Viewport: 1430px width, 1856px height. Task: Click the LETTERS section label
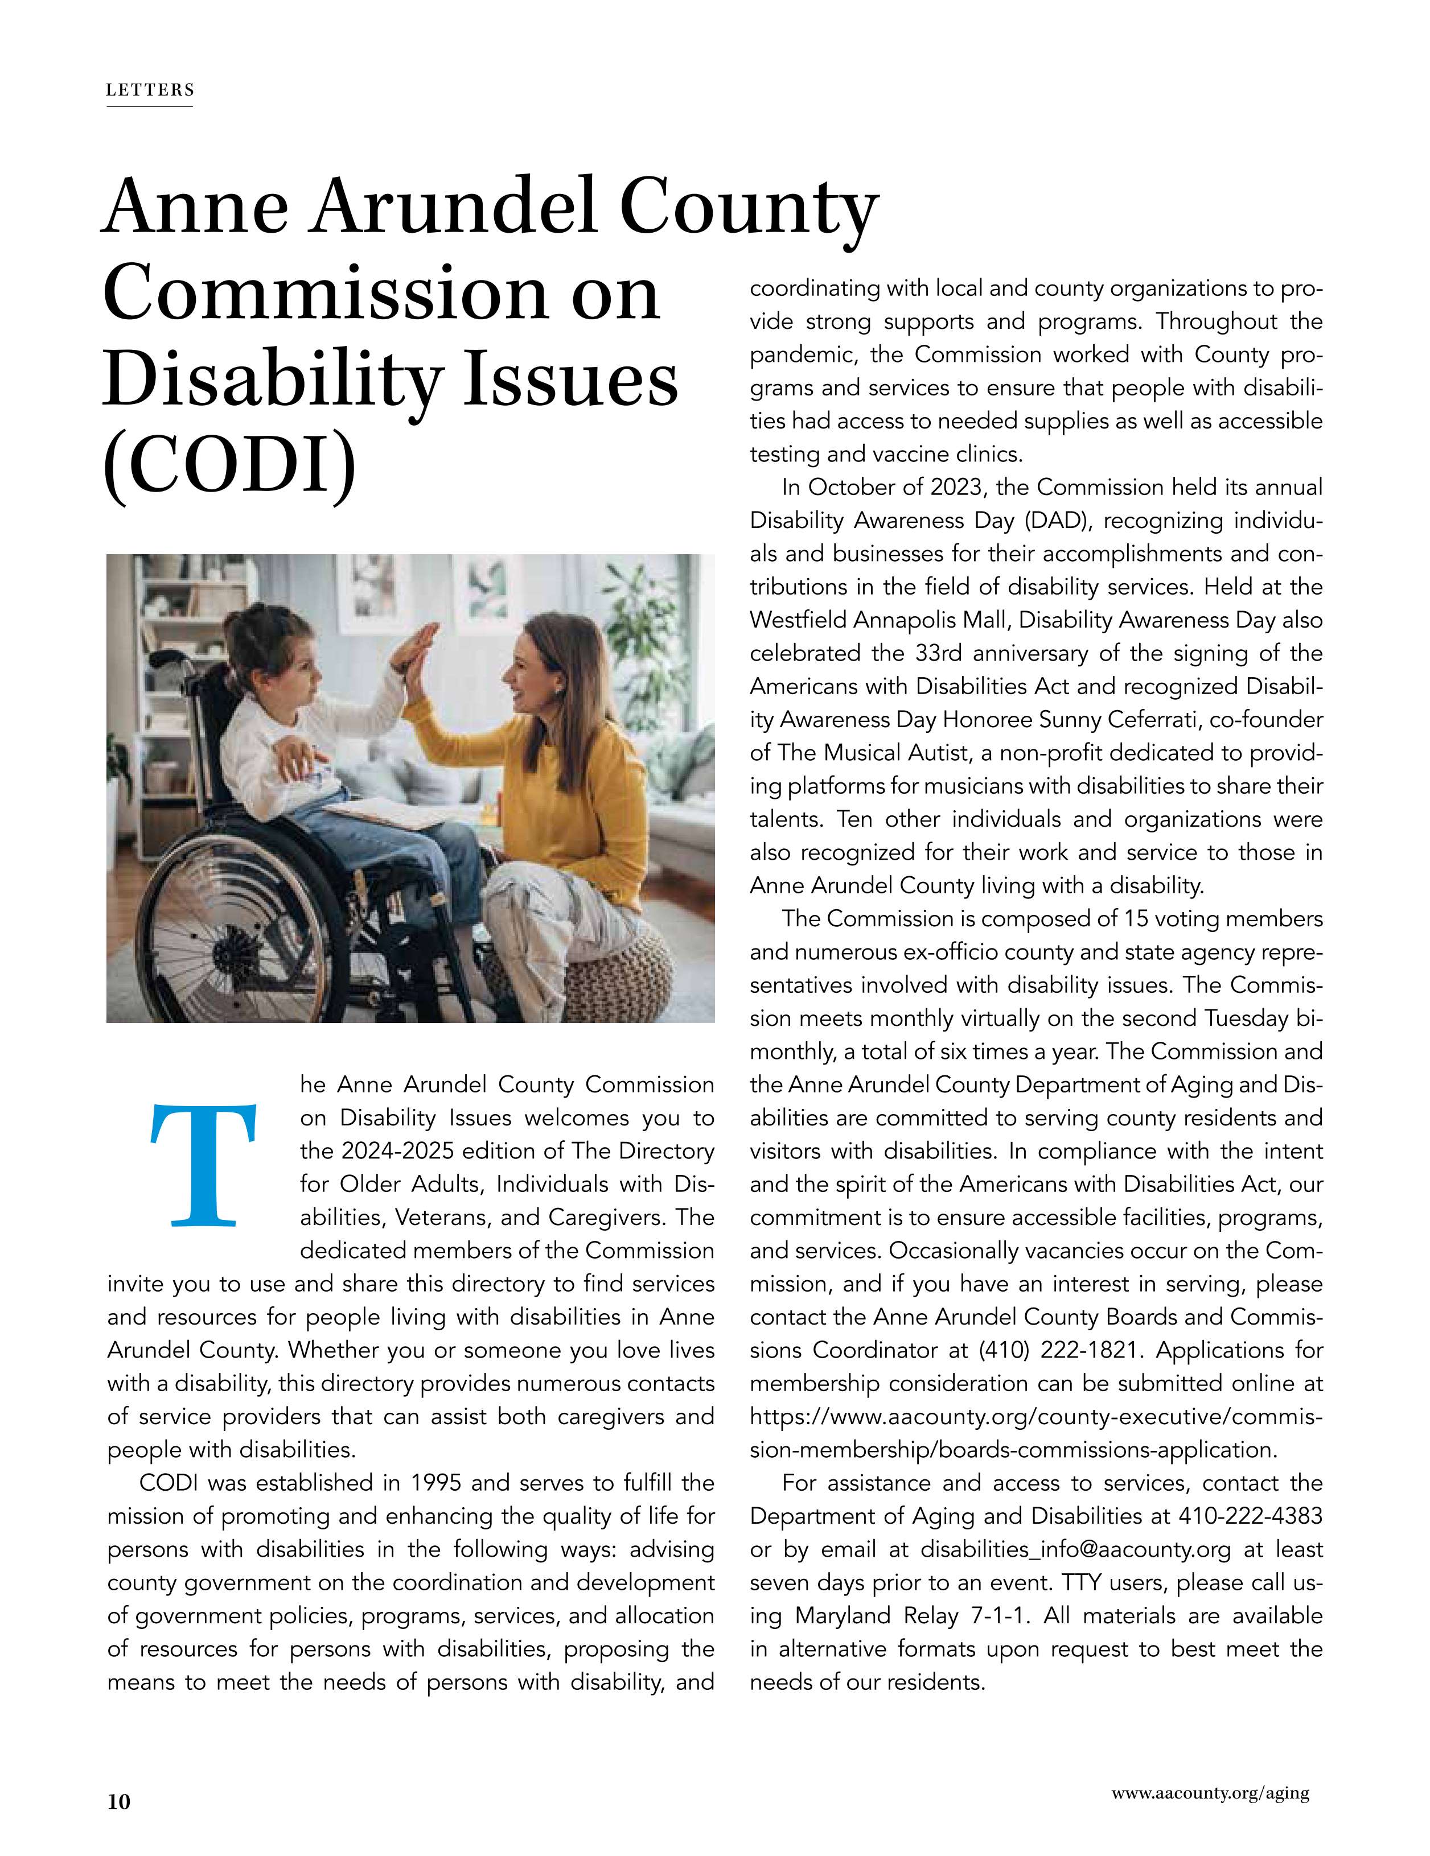point(150,90)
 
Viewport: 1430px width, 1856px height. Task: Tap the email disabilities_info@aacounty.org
point(1075,1549)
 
